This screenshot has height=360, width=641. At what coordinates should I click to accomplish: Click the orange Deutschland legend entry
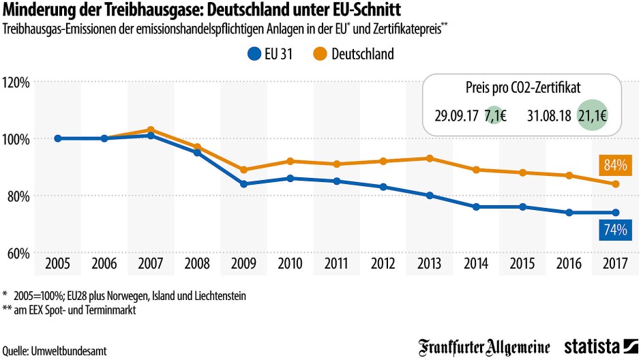tap(355, 55)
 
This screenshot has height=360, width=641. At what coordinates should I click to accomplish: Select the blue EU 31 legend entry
tap(271, 55)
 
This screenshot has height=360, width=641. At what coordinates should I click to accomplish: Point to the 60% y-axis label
tap(18, 253)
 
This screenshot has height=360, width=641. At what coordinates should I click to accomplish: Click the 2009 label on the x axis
tap(243, 263)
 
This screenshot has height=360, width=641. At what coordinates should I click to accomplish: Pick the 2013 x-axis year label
tap(429, 263)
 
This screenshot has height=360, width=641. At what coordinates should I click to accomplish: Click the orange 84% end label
tap(614, 165)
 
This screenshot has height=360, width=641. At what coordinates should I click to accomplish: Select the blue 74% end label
tap(614, 230)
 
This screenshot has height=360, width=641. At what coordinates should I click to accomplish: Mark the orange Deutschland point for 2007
tap(151, 130)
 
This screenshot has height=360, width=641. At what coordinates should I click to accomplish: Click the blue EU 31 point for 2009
tap(243, 184)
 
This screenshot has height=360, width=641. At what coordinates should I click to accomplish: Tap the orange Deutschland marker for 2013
tap(429, 158)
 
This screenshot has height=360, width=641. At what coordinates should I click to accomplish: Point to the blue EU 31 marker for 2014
tap(475, 207)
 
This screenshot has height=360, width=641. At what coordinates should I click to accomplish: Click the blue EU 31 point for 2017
tap(614, 212)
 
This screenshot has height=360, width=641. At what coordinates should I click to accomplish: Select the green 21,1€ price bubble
tap(593, 115)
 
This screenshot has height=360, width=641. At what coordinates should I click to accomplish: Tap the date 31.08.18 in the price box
tap(549, 115)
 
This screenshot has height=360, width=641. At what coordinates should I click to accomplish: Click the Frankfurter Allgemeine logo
tap(484, 347)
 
